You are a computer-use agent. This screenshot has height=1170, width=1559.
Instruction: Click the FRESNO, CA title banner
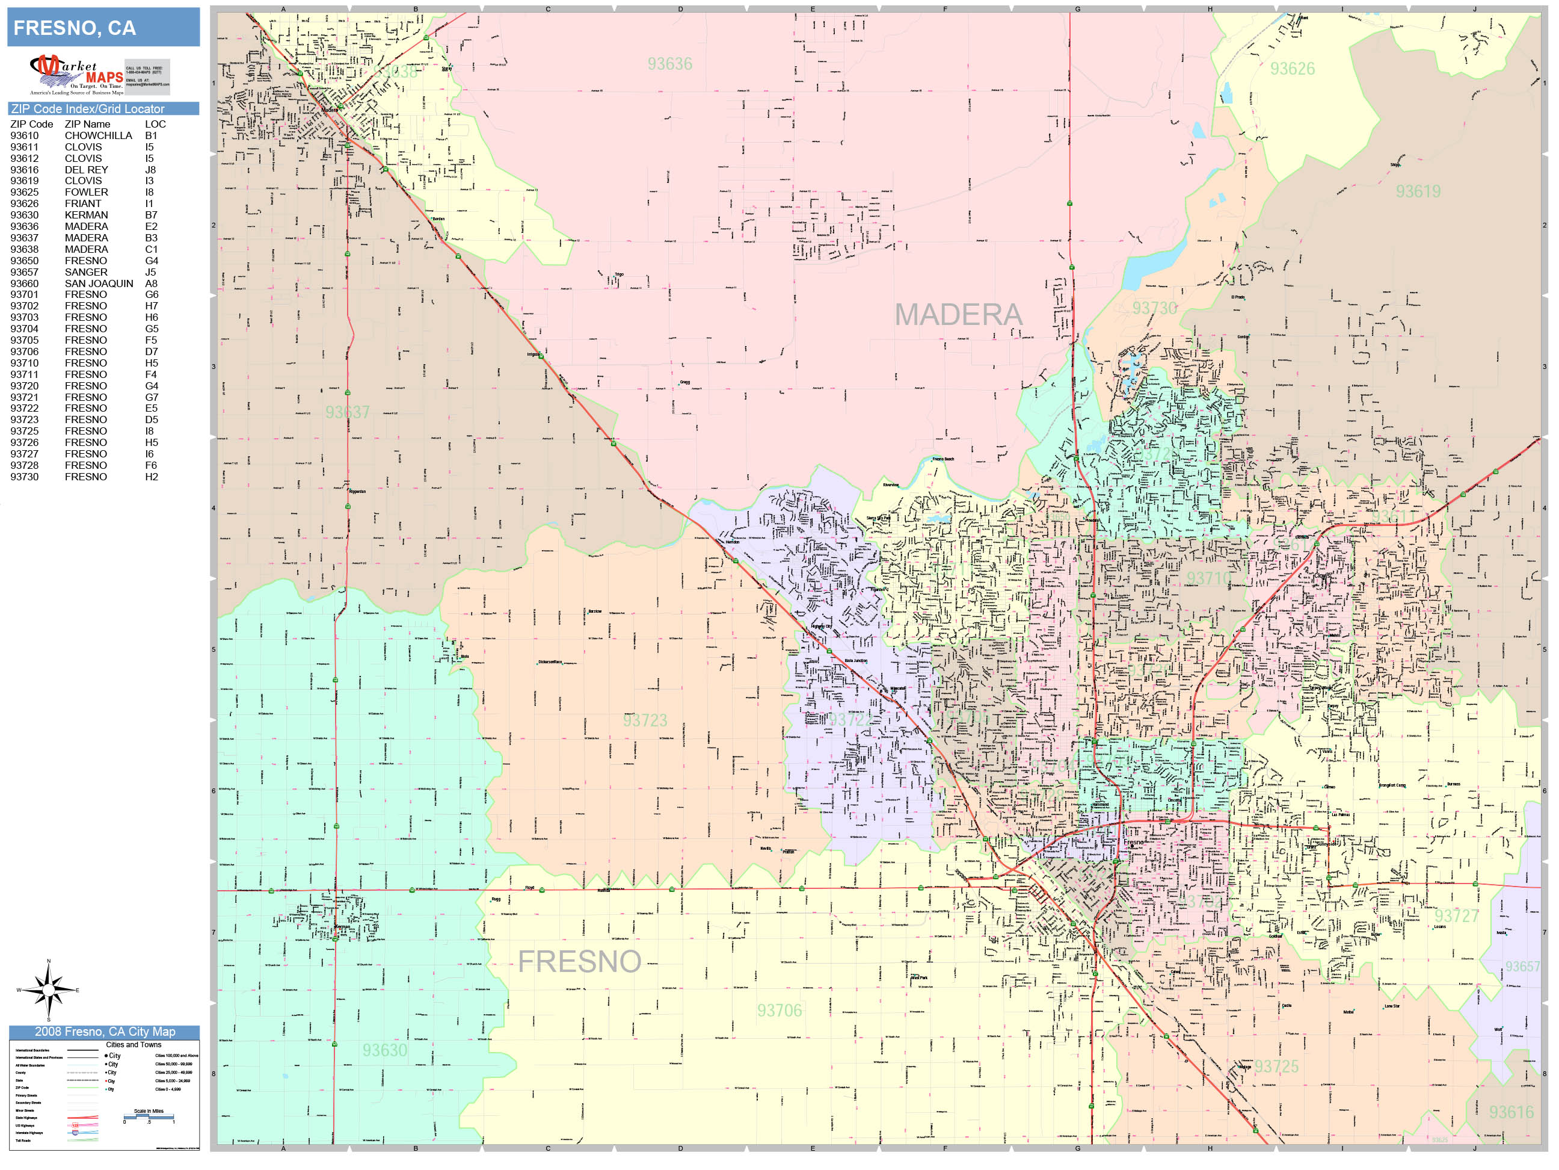pyautogui.click(x=103, y=28)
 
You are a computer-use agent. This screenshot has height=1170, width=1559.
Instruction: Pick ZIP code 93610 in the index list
pyautogui.click(x=25, y=135)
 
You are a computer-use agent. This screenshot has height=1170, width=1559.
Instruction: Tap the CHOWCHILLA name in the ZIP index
pyautogui.click(x=98, y=135)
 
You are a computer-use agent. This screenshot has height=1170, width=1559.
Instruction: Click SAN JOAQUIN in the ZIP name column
pyautogui.click(x=99, y=283)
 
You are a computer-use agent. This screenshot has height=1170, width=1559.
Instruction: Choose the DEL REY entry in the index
pyautogui.click(x=86, y=170)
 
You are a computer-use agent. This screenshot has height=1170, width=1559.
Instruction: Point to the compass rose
pyautogui.click(x=48, y=990)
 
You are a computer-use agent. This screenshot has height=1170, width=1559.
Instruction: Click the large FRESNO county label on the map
pyautogui.click(x=579, y=962)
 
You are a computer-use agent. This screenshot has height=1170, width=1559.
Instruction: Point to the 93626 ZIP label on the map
pyautogui.click(x=1292, y=69)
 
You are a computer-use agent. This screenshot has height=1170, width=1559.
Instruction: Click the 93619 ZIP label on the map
pyautogui.click(x=1418, y=192)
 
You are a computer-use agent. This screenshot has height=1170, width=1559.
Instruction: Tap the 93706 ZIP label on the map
pyautogui.click(x=779, y=1011)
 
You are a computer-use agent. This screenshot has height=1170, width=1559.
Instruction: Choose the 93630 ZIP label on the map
pyautogui.click(x=384, y=1051)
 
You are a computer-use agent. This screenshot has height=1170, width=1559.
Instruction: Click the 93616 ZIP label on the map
pyautogui.click(x=1511, y=1113)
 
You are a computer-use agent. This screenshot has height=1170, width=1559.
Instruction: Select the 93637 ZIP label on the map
pyautogui.click(x=347, y=412)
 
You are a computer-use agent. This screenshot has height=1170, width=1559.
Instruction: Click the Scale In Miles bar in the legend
pyautogui.click(x=149, y=1116)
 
